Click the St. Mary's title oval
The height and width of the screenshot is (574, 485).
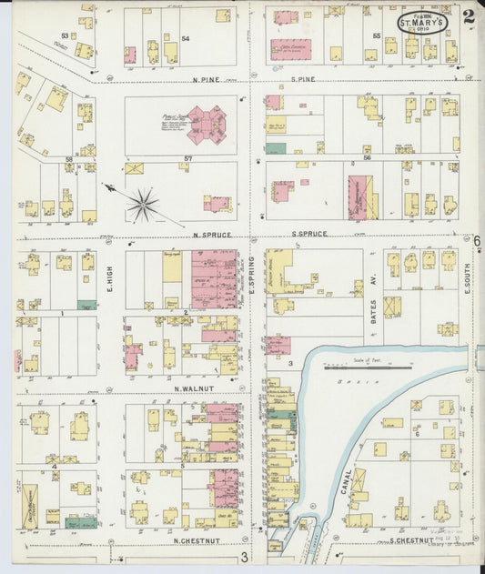click(421, 21)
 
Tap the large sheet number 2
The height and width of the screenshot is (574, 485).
click(467, 15)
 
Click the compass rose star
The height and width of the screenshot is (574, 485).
click(142, 205)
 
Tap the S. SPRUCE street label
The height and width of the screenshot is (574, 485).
click(309, 235)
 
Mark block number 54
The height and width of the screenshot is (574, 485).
click(186, 38)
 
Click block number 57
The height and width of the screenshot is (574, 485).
click(188, 158)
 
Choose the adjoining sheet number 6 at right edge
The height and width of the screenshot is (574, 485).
click(476, 240)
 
